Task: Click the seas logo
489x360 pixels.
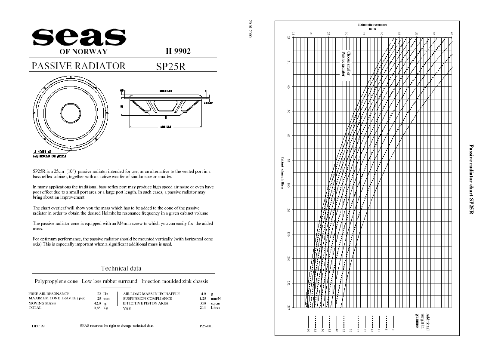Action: (x=79, y=37)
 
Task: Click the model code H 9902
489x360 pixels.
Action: (x=178, y=51)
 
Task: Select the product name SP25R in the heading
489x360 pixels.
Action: (x=171, y=67)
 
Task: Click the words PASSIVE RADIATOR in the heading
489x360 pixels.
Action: (x=79, y=66)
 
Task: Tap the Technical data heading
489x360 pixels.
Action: (x=121, y=268)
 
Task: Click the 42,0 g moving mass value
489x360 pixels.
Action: (x=100, y=303)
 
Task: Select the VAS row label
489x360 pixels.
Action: (x=127, y=308)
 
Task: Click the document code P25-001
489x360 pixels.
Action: (x=206, y=326)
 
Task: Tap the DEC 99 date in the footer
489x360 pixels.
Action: (x=38, y=326)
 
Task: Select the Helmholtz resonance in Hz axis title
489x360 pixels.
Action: (x=372, y=27)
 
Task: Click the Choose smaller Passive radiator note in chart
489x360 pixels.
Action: (x=347, y=64)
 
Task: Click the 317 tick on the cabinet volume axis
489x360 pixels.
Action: (x=289, y=307)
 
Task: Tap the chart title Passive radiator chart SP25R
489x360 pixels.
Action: (x=471, y=180)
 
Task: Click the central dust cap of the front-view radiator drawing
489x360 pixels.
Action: (x=71, y=112)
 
